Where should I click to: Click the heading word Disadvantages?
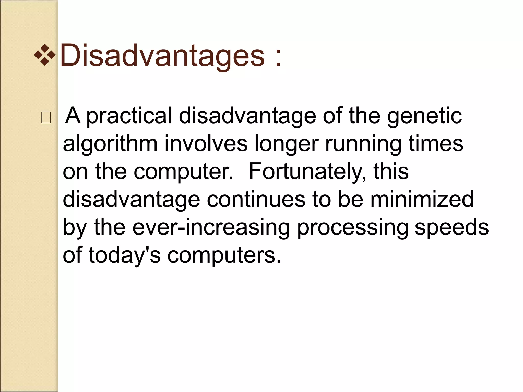click(162, 55)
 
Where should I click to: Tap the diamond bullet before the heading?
click(45, 55)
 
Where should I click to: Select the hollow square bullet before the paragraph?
click(46, 118)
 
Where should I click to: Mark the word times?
click(436, 144)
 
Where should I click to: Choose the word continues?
click(256, 200)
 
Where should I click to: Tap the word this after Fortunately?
click(391, 171)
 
